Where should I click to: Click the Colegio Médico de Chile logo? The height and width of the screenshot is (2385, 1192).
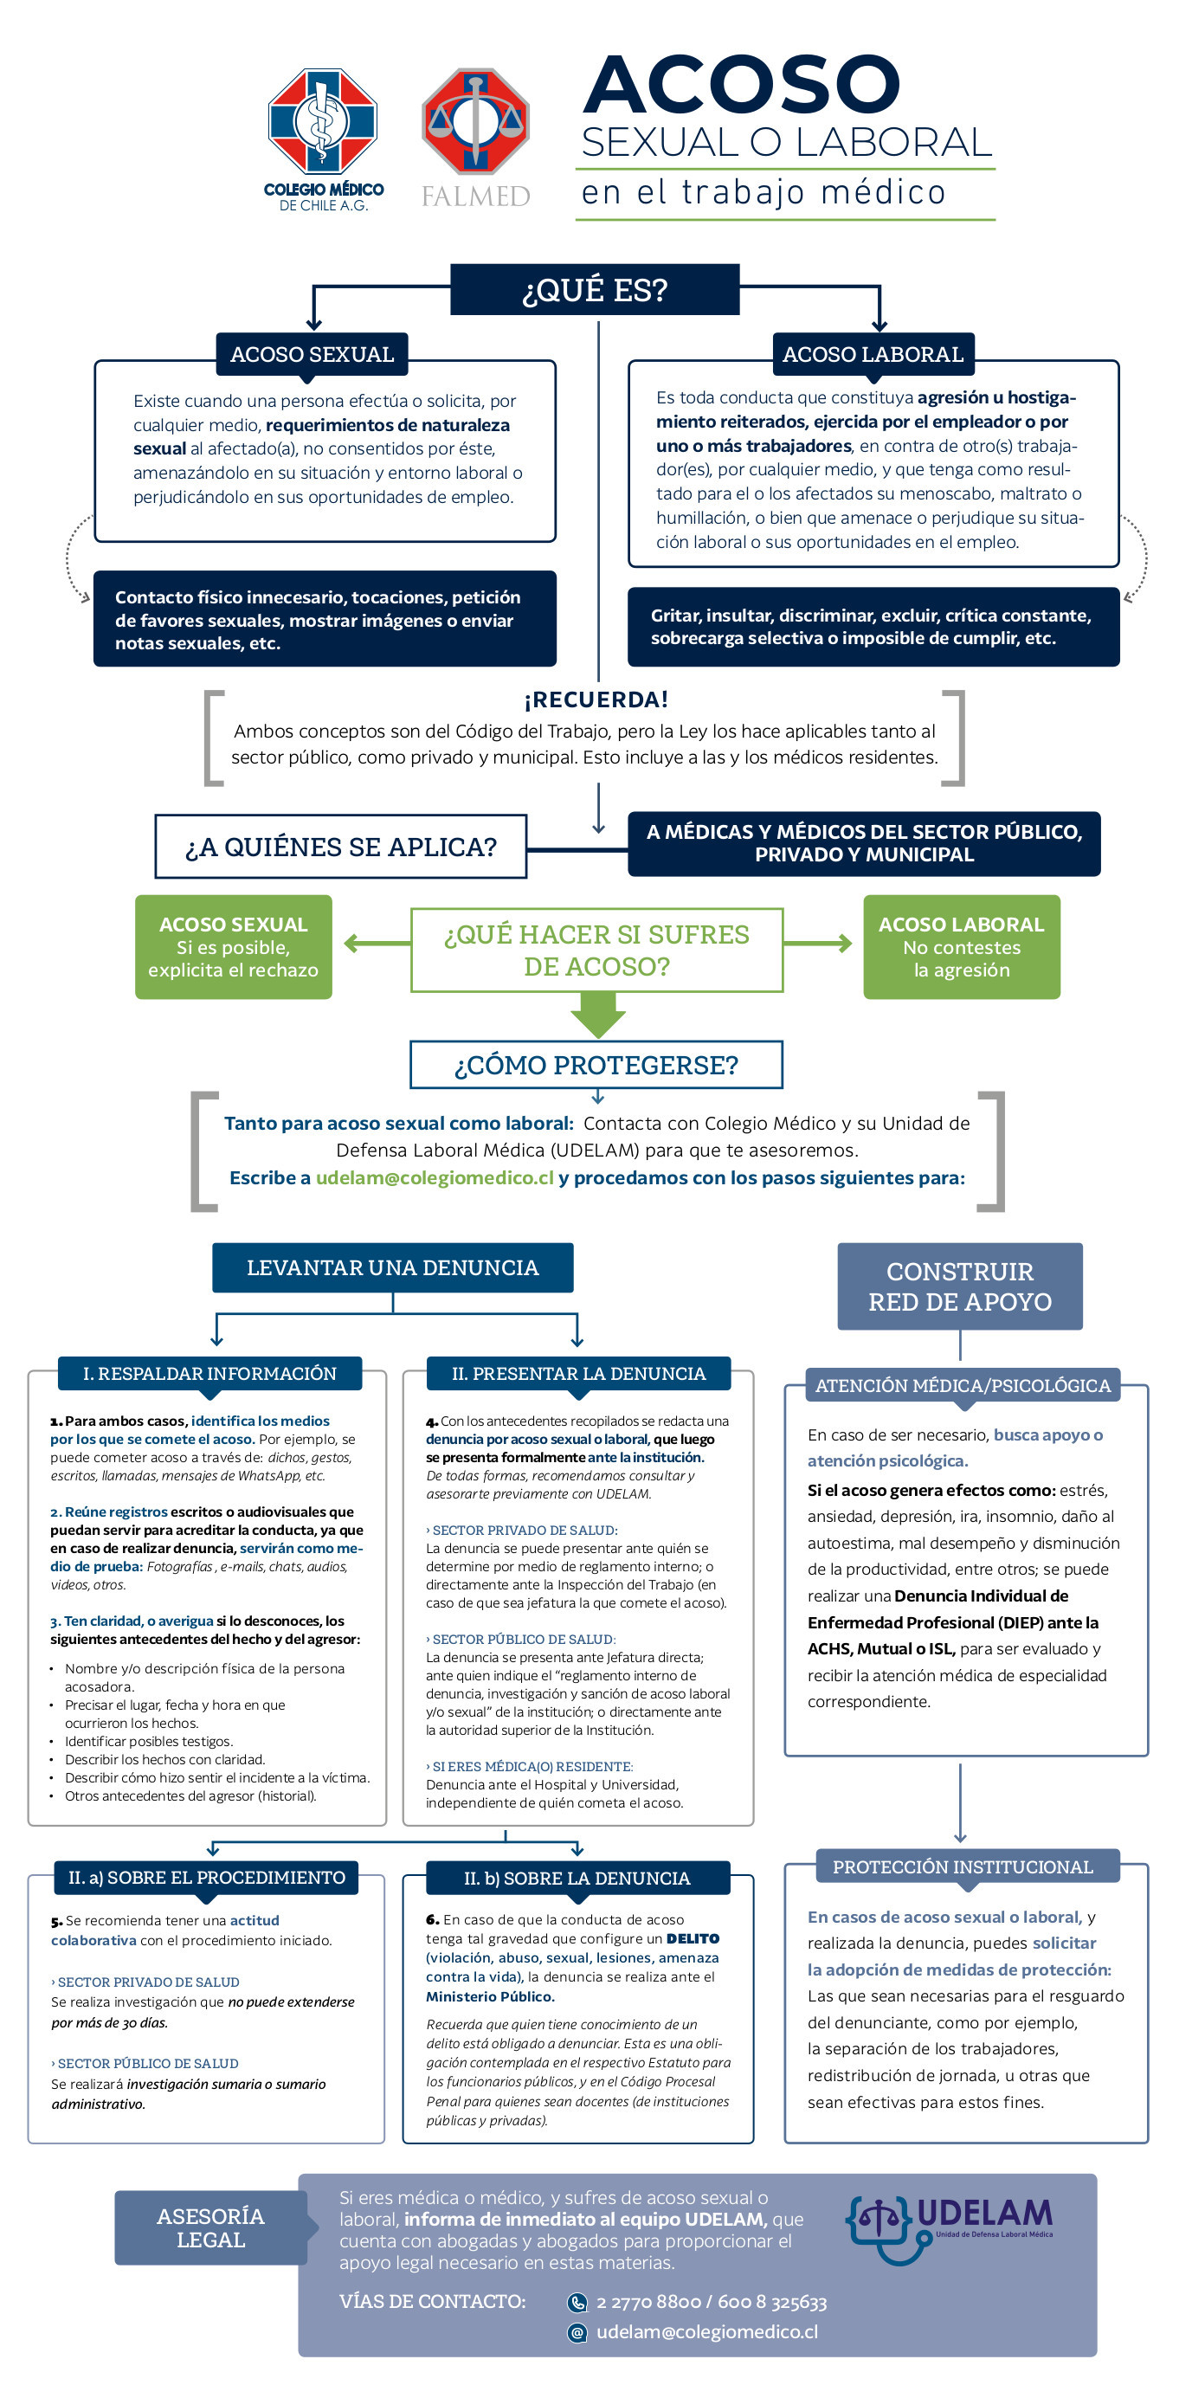point(323,139)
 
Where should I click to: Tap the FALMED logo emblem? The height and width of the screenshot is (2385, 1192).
point(476,120)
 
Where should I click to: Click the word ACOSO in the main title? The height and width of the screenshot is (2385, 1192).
point(741,84)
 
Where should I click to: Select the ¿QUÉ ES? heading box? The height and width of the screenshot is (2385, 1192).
point(594,290)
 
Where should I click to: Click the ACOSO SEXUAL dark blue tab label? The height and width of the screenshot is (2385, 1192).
point(312,354)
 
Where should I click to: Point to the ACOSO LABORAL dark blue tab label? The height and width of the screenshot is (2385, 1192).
point(873,354)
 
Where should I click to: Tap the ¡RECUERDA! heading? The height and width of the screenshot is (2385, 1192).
point(596,699)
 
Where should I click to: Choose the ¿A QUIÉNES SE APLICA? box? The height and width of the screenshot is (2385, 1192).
point(340,847)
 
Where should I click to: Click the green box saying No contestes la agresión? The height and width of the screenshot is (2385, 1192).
point(962,946)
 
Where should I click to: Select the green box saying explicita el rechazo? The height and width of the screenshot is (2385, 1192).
point(233,946)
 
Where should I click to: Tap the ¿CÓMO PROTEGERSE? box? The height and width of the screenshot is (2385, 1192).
point(596,1065)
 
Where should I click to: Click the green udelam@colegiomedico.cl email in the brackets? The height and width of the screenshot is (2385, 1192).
point(435,1177)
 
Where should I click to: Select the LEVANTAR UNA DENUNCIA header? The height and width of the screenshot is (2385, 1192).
point(392,1267)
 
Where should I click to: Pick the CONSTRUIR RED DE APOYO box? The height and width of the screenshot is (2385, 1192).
point(960,1286)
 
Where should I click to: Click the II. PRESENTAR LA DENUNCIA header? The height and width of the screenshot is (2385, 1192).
point(578,1373)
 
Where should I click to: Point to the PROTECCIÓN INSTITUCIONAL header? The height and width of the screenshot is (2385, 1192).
point(963,1866)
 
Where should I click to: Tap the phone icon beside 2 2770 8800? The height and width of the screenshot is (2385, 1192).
point(577,2303)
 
